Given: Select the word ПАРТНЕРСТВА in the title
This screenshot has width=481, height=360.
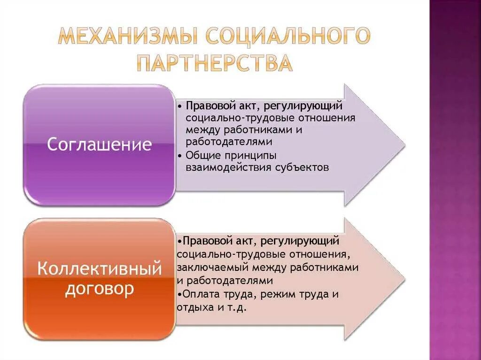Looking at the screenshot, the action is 214,63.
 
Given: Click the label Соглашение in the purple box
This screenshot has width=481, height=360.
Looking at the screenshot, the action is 99,144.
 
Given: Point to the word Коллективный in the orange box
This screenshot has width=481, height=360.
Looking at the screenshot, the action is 99,269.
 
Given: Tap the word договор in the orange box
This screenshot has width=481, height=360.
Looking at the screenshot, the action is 99,289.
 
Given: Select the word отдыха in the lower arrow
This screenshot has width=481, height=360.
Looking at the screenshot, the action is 194,308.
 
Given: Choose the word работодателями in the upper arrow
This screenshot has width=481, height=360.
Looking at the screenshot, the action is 229,142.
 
